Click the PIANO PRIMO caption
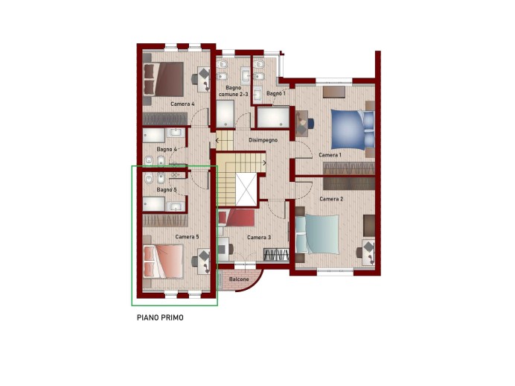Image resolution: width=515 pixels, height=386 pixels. pos(160,317)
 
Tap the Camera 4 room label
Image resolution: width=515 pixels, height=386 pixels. pos(182,104)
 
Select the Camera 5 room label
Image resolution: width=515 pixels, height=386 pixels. pos(187,237)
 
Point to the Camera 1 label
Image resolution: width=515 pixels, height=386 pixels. pos(330,155)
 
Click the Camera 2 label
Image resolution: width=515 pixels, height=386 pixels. pos(331,199)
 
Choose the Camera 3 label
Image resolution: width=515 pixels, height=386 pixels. pos(259,238)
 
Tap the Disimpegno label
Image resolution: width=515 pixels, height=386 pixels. pos(263,140)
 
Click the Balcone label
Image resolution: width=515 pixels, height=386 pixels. pos(239,279)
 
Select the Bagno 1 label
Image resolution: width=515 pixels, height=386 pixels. pos(276,93)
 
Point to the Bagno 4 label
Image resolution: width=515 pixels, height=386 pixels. pos(167,149)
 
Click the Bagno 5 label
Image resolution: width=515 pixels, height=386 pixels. pos(167,190)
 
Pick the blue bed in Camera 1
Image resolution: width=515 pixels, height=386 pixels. pos(353,130)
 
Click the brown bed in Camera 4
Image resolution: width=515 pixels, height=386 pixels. pos(164,79)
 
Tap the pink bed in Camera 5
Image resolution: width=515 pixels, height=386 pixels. pos(163,262)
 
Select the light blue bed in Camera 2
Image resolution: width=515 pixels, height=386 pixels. pos(317,235)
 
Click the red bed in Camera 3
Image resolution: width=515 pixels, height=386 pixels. pos(237,218)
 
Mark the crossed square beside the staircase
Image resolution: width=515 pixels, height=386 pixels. pos(246,190)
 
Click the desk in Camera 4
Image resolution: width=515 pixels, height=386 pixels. pos(203,79)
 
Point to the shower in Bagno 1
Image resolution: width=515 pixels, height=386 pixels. pos(273,118)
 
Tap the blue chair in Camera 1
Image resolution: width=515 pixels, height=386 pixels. pos(310,123)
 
